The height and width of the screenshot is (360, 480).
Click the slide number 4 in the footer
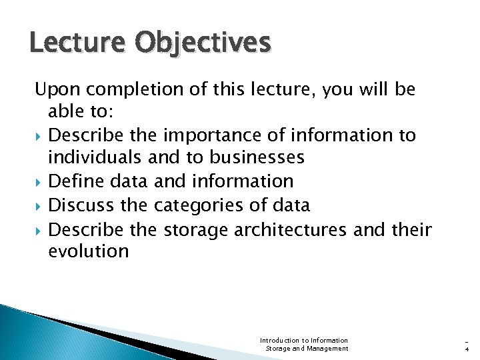[x=466, y=348]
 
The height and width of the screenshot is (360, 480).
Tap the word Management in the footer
[x=327, y=348]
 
